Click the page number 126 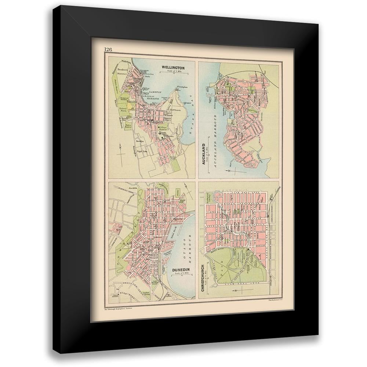pos(108,50)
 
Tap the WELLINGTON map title pos(172,68)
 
